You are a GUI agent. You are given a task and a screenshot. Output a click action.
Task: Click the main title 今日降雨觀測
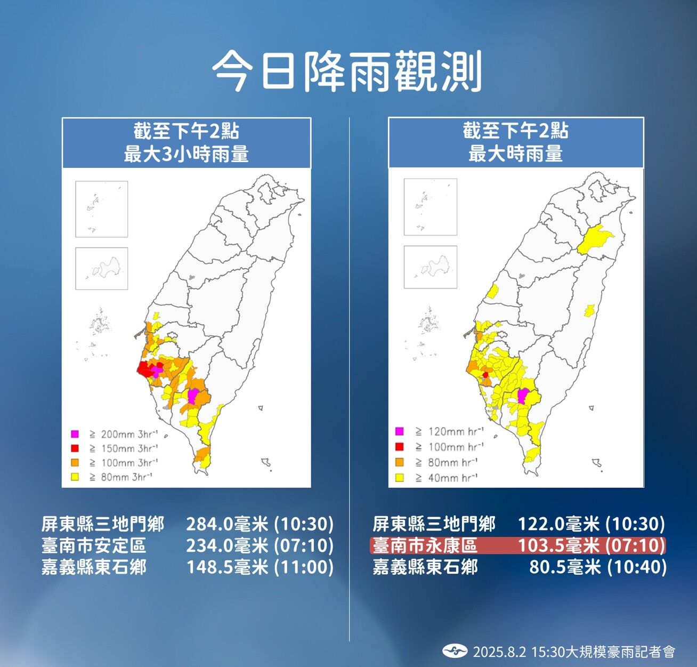(x=347, y=71)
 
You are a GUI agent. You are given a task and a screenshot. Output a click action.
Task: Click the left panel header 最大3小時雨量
(x=187, y=155)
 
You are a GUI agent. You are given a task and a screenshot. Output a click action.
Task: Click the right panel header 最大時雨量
(x=515, y=154)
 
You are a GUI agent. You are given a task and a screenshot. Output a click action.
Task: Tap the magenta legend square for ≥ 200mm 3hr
(x=75, y=434)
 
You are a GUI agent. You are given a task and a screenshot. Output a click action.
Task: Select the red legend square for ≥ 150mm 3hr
(x=75, y=448)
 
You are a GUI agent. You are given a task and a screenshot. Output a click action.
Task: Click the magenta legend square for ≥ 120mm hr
(x=400, y=431)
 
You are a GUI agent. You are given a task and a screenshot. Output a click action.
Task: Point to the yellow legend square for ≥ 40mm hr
(x=400, y=478)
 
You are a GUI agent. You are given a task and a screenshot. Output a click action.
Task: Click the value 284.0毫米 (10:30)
(x=260, y=524)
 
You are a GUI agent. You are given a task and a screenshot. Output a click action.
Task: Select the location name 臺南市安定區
(x=94, y=545)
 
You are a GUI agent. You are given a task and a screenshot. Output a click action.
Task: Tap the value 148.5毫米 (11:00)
(x=260, y=567)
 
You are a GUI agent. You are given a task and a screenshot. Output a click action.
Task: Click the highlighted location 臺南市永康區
(x=425, y=545)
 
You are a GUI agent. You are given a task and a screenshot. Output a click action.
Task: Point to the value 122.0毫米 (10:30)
(x=591, y=524)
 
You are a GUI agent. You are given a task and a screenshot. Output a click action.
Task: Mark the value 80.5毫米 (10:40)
(x=597, y=567)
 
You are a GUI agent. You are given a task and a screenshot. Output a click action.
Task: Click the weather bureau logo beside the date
(x=455, y=651)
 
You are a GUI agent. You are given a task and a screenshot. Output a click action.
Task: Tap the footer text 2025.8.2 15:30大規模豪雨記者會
(x=574, y=652)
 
